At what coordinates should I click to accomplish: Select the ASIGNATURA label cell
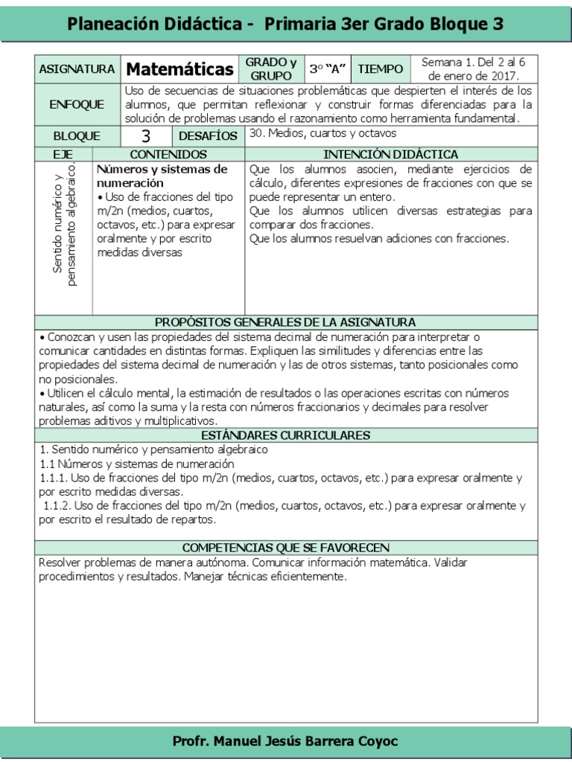pos(76,69)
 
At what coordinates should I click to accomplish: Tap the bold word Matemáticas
pos(179,69)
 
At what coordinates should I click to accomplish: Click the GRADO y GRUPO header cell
pos(271,69)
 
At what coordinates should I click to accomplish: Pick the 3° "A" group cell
pos(328,69)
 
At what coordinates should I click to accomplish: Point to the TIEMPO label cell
pos(380,69)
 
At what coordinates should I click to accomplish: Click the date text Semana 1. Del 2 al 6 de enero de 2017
pos(479,69)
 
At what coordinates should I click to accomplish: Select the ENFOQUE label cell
pos(76,105)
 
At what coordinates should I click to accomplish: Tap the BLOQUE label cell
pos(76,136)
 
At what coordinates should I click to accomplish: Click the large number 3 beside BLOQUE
pos(146,136)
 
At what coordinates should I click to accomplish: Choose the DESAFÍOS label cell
pos(208,136)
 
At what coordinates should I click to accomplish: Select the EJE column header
pos(63,154)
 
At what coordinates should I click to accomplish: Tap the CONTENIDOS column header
pos(168,154)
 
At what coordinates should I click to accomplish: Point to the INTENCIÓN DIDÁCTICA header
pos(391,154)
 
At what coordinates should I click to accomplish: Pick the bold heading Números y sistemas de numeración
pos(162,176)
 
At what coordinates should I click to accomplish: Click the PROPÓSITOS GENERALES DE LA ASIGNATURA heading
pos(285,322)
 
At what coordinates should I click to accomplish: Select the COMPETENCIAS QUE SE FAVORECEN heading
pos(285,548)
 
